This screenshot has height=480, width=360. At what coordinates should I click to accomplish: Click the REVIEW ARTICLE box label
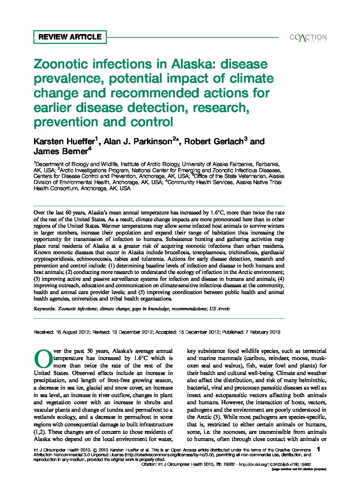[70, 37]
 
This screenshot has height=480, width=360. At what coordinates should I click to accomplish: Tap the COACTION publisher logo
[308, 37]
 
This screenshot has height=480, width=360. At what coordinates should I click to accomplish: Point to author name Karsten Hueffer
[65, 142]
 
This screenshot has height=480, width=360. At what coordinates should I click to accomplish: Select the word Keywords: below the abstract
[44, 309]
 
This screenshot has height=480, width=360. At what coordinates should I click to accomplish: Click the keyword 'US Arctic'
[219, 309]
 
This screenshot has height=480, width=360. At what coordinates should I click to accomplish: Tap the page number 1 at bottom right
[318, 449]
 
